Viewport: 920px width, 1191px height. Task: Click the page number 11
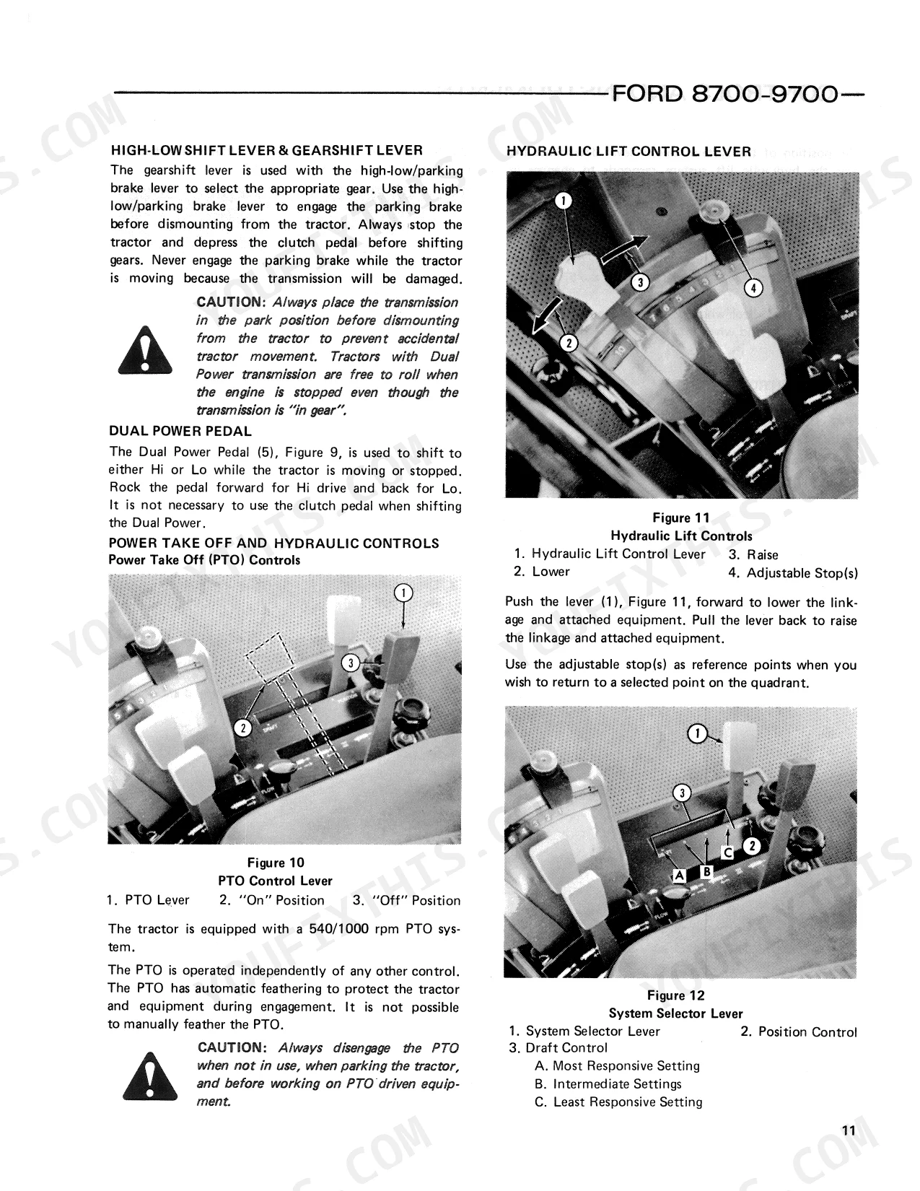click(x=849, y=1130)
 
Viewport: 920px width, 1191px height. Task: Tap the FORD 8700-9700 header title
click(x=724, y=95)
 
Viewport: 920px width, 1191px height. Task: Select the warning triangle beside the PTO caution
click(x=149, y=1076)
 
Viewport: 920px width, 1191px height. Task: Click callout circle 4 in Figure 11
click(x=753, y=288)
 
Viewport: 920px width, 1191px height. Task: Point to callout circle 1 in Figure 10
click(x=403, y=593)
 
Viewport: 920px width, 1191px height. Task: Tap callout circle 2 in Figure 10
click(x=242, y=728)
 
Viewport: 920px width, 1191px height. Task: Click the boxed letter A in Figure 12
click(x=679, y=876)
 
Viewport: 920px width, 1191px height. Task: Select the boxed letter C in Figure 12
click(x=727, y=853)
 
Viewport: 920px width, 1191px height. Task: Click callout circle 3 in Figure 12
click(x=682, y=793)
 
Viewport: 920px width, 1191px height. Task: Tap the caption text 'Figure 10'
click(x=276, y=863)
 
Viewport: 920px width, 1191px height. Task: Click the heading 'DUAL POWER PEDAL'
click(x=180, y=432)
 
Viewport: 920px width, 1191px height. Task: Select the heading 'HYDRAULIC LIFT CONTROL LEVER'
click(x=628, y=152)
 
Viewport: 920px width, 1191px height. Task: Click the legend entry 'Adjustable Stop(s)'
click(x=802, y=572)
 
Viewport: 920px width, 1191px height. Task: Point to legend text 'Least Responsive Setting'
click(x=627, y=1102)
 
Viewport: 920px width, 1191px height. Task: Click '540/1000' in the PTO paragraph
click(x=338, y=929)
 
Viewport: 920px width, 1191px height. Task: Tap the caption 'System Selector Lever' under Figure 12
click(x=675, y=1013)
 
